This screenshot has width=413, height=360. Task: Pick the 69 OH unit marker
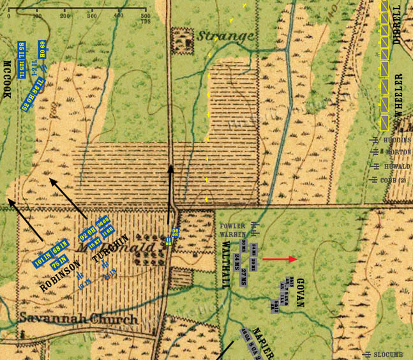coord(42,50)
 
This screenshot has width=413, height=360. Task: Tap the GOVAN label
coord(301,293)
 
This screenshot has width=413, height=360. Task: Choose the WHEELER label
coord(398,94)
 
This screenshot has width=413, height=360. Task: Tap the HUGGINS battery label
coord(397,140)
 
